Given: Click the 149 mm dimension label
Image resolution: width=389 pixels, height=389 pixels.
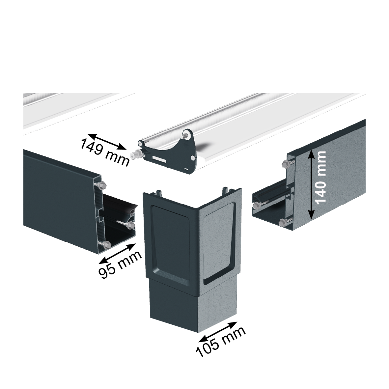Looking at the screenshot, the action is tap(105, 152).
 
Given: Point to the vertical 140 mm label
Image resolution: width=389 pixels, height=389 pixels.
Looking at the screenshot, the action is tap(320, 177).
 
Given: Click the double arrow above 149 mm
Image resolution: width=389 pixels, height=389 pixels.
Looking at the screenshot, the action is tap(107, 142).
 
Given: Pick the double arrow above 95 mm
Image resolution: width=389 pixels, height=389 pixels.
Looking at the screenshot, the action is tap(117, 254).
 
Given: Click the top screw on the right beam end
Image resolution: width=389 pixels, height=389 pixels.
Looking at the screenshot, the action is tap(286, 164).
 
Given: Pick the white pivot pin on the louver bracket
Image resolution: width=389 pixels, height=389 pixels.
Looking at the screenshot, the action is tap(134, 155).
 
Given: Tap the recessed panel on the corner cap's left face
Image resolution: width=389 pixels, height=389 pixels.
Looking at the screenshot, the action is tap(170, 240).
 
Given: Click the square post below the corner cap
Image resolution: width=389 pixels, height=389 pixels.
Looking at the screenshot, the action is tap(193, 306).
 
